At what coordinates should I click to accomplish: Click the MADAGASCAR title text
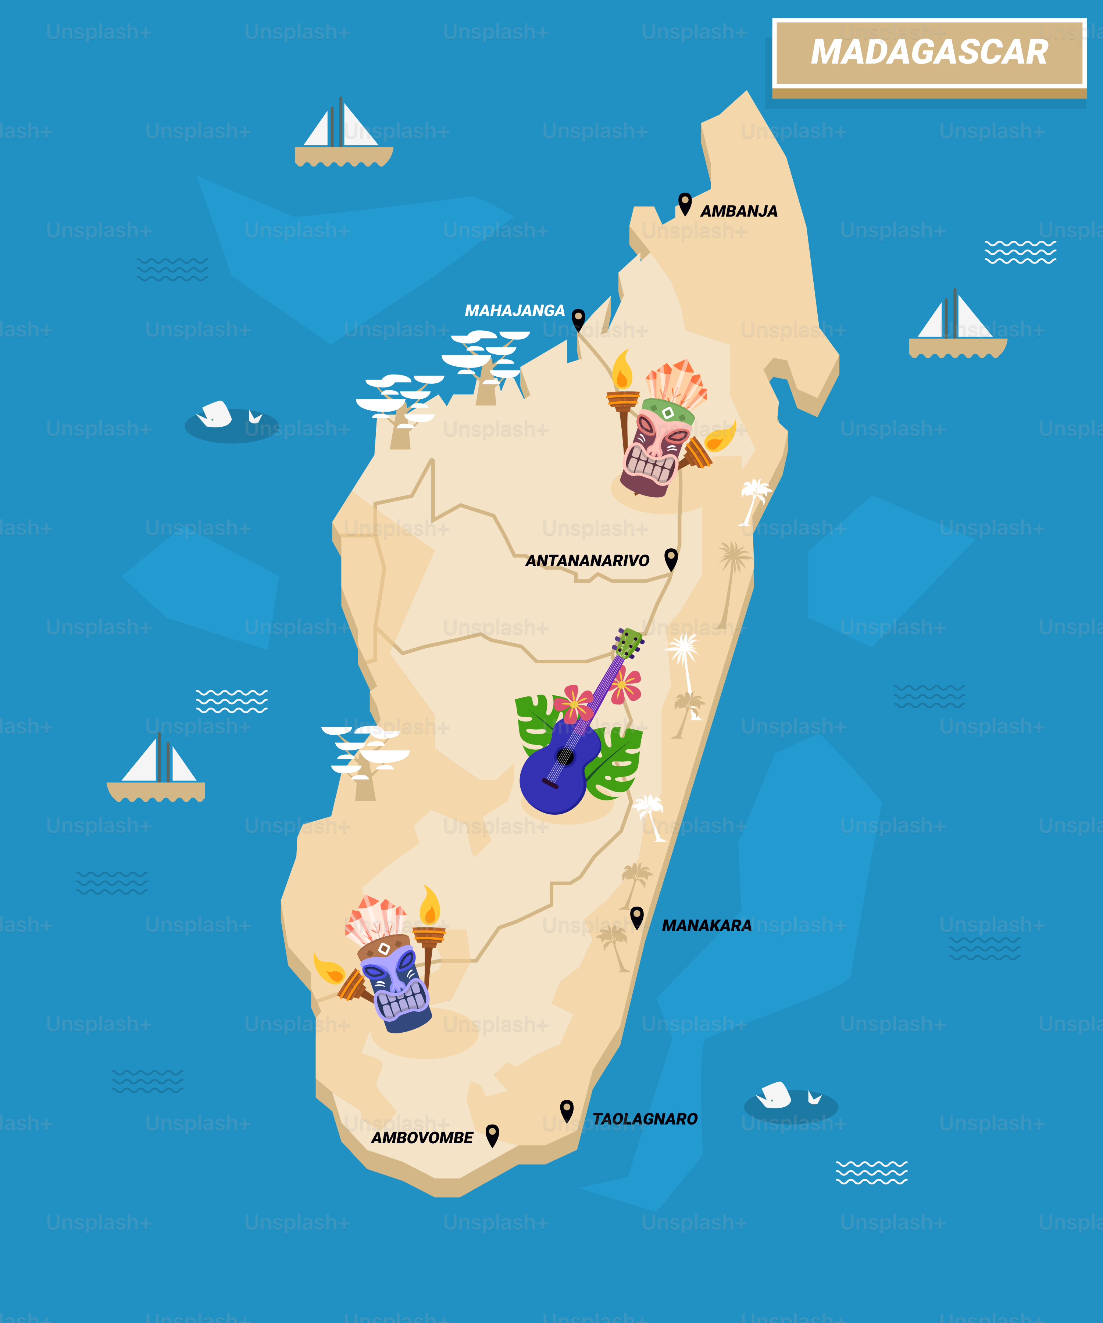click(x=929, y=52)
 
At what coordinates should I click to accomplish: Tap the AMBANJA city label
click(x=739, y=211)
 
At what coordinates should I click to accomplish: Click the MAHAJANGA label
click(x=514, y=311)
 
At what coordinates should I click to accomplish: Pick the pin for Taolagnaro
click(x=567, y=1111)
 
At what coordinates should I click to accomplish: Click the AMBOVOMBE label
click(x=422, y=1138)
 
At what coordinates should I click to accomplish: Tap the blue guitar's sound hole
click(x=565, y=756)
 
